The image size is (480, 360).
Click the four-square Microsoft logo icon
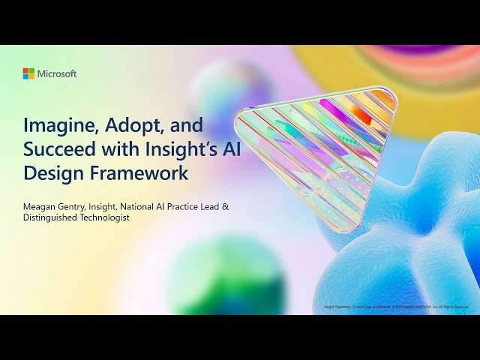28,73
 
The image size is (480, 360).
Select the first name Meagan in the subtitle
41,202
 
